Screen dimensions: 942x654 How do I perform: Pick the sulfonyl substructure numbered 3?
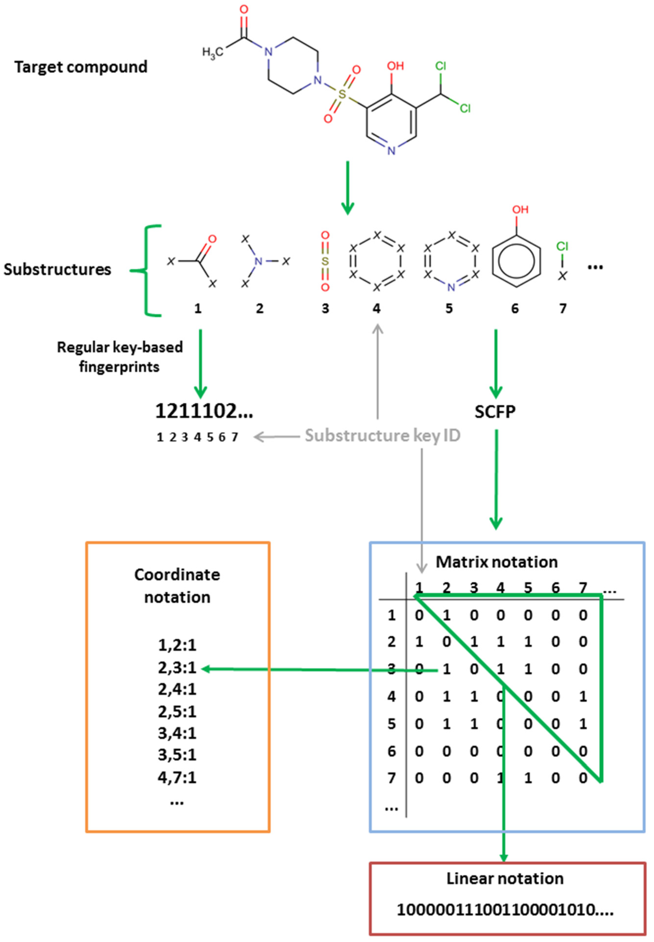pos(325,261)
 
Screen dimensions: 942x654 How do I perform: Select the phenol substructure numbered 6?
pos(516,254)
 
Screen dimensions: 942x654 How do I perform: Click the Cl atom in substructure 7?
pos(562,246)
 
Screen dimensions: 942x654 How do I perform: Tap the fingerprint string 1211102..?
pos(204,411)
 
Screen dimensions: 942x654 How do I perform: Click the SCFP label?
pos(495,411)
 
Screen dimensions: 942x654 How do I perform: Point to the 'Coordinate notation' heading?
pos(177,586)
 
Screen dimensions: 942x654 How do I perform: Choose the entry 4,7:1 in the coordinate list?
pos(177,776)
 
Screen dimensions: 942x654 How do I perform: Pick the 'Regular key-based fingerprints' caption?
pos(120,357)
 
